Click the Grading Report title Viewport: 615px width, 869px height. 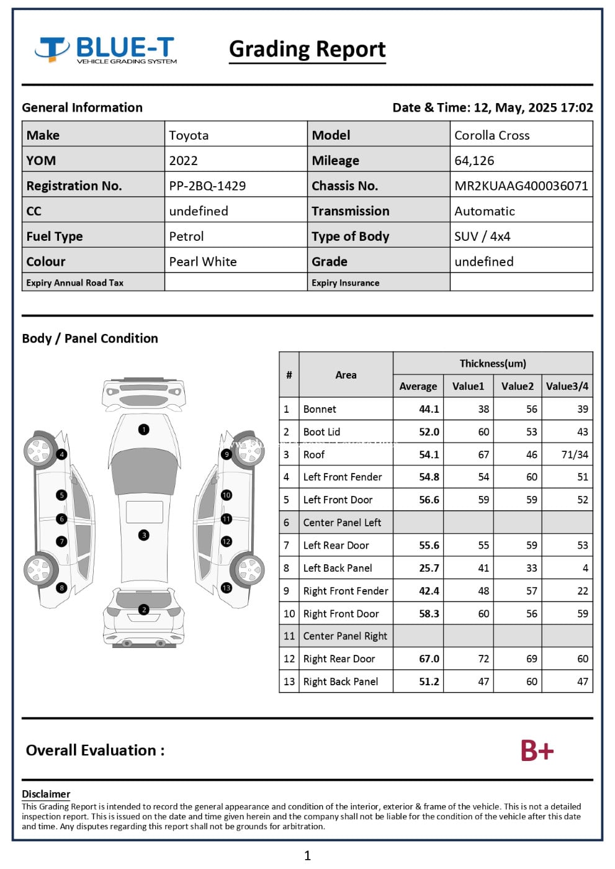coord(307,49)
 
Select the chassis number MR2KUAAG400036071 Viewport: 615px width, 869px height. coord(521,186)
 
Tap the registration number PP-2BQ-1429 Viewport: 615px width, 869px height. coord(207,186)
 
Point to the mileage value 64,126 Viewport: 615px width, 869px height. coord(474,160)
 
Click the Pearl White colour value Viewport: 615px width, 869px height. coord(203,261)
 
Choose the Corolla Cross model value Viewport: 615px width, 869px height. coord(492,135)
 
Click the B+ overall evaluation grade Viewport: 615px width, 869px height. coord(537,750)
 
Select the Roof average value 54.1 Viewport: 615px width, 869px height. coord(429,454)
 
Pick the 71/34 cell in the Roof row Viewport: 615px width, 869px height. coord(574,454)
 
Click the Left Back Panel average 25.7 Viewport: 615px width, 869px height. coord(429,568)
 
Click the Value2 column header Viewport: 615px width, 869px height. coord(517,386)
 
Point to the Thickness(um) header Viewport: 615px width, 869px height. coord(493,363)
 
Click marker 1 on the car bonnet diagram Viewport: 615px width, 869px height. coord(144,429)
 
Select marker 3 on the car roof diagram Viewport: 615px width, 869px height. coord(144,535)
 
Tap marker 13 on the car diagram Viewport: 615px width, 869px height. coord(227,587)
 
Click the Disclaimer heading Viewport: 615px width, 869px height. coord(46,794)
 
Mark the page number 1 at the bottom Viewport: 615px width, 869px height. coord(307,855)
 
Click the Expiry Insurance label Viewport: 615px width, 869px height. coord(345,282)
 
